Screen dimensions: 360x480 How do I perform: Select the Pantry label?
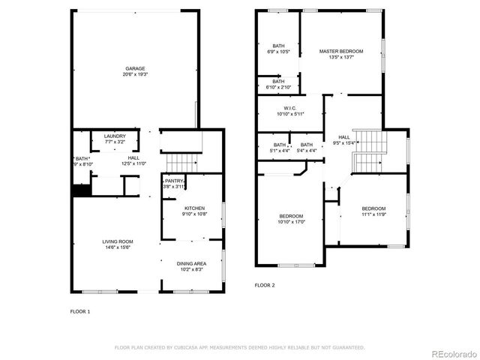pos(174,181)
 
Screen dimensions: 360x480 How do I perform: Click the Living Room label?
pos(118,241)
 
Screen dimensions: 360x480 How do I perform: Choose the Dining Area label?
pos(191,263)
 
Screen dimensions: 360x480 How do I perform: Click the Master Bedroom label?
pos(340,52)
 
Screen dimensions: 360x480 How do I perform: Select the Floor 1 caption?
pos(80,310)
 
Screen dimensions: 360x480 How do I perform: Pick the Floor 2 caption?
pos(265,285)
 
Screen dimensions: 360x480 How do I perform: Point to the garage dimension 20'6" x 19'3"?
pos(135,75)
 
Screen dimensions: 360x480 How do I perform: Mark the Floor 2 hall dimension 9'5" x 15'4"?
pos(343,143)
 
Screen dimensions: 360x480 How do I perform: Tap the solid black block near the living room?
pos(81,190)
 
